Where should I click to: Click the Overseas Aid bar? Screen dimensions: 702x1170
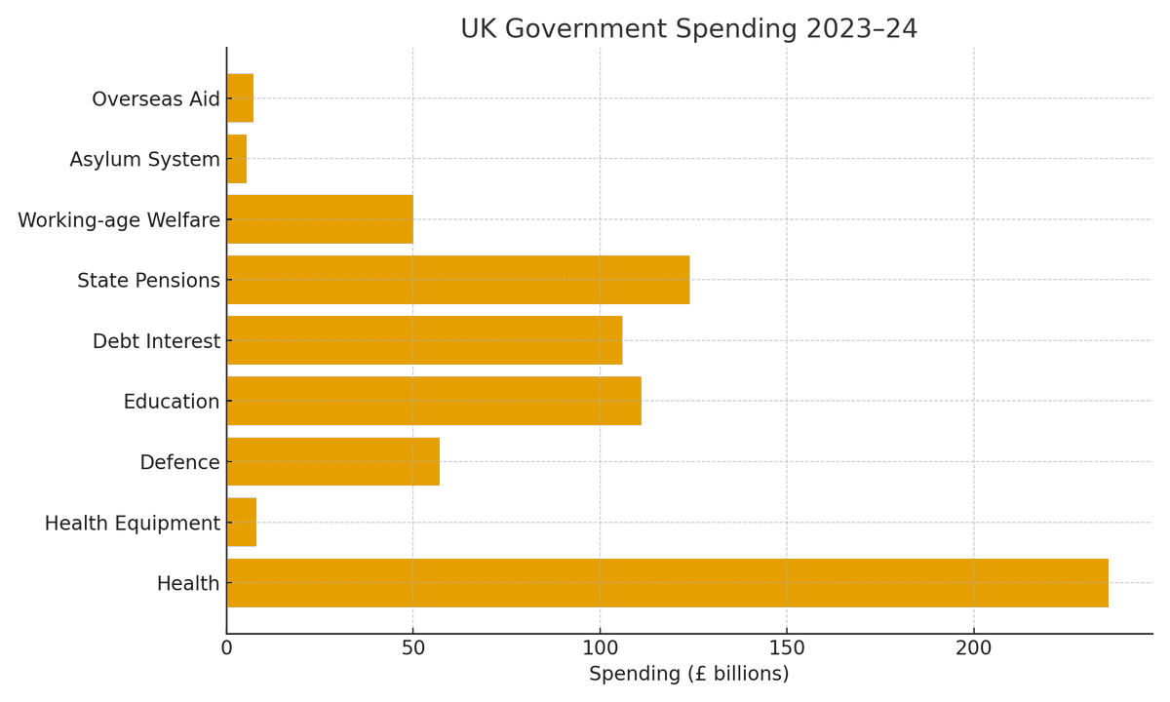tap(240, 98)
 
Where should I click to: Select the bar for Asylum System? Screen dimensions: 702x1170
tap(237, 159)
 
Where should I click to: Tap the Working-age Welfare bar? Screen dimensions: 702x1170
tap(320, 219)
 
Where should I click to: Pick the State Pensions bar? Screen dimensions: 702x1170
tap(458, 280)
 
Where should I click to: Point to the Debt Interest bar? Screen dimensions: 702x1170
tap(424, 340)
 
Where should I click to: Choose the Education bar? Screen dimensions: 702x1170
tap(434, 401)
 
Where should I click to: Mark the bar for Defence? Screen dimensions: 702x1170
tap(333, 461)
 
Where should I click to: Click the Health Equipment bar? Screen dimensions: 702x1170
tap(242, 523)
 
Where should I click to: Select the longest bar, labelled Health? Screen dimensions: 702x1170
tap(667, 583)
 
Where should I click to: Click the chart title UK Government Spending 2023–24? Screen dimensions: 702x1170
tap(688, 29)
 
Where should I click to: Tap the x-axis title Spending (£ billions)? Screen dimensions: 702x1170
tap(688, 674)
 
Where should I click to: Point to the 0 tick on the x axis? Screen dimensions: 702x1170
tap(227, 648)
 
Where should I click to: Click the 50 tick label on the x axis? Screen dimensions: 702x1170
tap(413, 648)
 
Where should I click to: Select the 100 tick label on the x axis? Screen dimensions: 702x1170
tap(600, 648)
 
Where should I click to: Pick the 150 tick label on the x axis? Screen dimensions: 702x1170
tap(787, 648)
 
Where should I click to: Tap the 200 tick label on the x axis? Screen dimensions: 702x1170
tap(973, 648)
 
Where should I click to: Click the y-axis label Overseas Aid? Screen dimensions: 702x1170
tap(156, 99)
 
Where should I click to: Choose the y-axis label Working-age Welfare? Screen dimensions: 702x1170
tap(119, 220)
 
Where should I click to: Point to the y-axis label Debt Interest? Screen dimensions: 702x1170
tap(156, 341)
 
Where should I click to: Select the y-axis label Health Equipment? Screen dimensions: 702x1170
tap(133, 524)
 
